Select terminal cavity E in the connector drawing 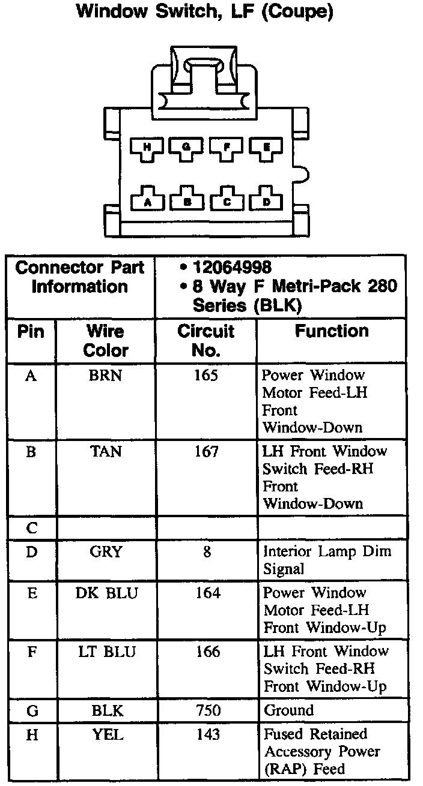(x=266, y=147)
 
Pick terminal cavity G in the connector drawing (x=187, y=147)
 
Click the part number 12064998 (x=232, y=268)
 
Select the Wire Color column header (x=105, y=340)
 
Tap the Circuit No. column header (x=205, y=340)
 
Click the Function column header (x=331, y=331)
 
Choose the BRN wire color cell (x=105, y=376)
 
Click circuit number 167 (x=206, y=451)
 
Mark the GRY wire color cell (x=105, y=551)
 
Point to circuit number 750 (x=207, y=711)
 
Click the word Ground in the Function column (x=288, y=711)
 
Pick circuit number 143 (x=207, y=734)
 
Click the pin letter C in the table (x=32, y=529)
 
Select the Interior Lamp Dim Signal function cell (x=326, y=560)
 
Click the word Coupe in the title (x=295, y=12)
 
